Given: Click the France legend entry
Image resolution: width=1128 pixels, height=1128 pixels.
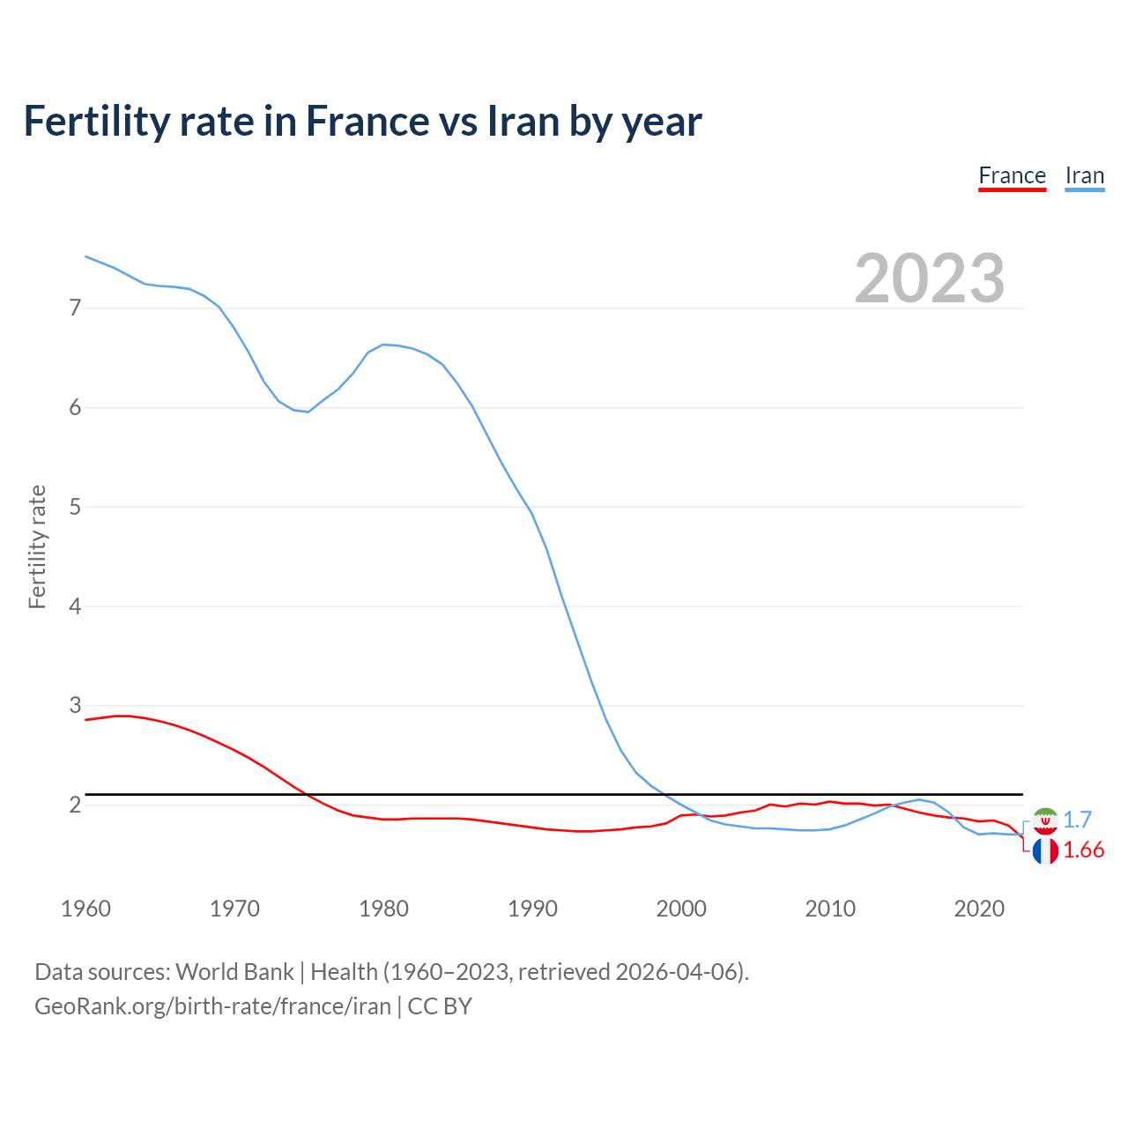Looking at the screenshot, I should click(x=1012, y=175).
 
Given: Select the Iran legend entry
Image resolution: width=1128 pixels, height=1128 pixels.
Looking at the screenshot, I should click(x=1084, y=175).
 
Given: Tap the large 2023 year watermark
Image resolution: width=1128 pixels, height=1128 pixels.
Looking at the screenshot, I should click(x=929, y=278).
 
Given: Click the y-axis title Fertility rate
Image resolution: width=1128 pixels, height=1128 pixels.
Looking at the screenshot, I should click(x=37, y=546).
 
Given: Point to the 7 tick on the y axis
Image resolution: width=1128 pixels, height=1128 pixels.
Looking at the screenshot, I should click(x=75, y=308).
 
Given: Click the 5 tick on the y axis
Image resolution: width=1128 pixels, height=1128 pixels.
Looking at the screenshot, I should click(x=75, y=507).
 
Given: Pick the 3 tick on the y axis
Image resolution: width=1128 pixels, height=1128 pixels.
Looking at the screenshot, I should click(x=75, y=706).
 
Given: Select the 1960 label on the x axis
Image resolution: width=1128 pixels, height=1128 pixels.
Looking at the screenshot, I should click(x=85, y=909).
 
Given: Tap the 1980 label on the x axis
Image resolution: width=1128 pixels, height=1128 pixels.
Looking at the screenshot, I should click(x=383, y=909).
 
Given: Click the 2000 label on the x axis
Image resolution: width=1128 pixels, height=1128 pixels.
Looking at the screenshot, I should click(x=681, y=909).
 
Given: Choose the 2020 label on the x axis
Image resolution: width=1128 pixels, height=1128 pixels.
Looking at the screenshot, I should click(x=979, y=909).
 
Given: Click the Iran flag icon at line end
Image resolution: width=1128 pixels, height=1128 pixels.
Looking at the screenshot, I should click(x=1045, y=820).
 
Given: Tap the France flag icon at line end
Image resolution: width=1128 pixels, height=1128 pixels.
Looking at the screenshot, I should click(x=1045, y=850).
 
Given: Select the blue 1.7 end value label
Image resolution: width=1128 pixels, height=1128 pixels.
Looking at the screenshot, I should click(x=1077, y=820).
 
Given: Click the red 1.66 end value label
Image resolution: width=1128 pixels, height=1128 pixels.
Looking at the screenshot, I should click(x=1083, y=850).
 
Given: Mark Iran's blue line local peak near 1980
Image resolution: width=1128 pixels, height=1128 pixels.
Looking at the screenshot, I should click(x=383, y=345).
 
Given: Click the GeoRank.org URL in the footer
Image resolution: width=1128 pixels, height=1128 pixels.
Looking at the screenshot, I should click(x=212, y=1006).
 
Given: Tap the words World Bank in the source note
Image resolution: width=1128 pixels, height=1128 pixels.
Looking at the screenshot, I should click(x=234, y=972).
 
